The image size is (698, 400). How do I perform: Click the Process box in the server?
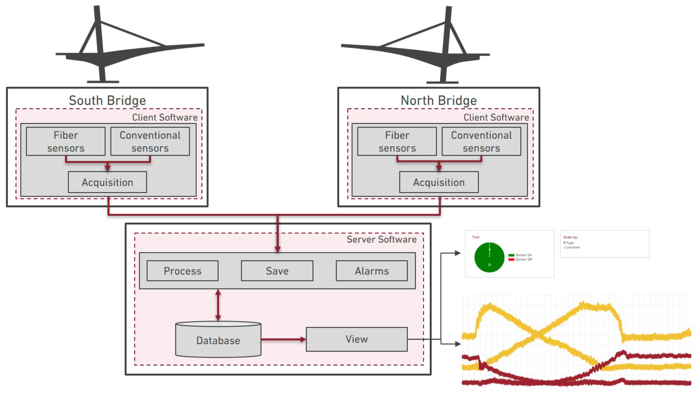(182, 271)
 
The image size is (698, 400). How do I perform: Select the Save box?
(277, 271)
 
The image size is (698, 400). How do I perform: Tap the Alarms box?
(372, 271)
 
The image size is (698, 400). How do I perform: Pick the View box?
(356, 339)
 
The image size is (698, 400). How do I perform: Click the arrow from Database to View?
(283, 339)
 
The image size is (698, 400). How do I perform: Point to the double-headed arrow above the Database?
(218, 305)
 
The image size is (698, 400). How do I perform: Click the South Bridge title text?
(107, 101)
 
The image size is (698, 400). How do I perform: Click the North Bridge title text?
(438, 101)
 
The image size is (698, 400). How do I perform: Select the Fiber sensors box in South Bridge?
(66, 141)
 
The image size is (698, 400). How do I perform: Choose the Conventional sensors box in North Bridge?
(481, 141)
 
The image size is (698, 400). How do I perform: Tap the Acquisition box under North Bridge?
(438, 182)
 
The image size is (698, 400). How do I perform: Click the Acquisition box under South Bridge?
(107, 182)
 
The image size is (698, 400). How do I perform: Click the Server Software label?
(381, 239)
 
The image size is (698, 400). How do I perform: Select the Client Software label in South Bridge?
(165, 118)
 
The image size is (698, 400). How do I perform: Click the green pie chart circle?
(489, 257)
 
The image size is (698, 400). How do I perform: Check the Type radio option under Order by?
(565, 243)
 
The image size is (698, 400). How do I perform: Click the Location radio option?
(565, 247)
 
